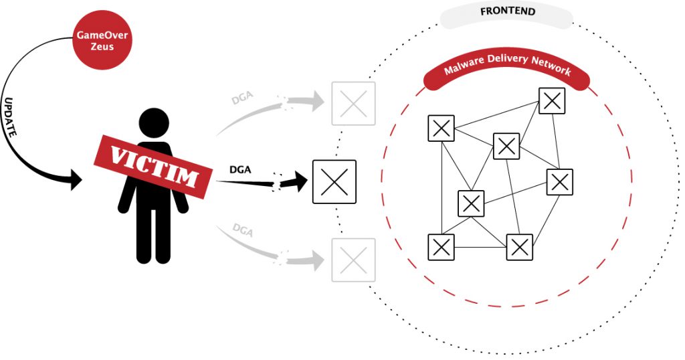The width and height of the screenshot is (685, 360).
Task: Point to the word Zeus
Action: (102, 48)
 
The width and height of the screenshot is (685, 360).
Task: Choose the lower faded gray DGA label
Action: (243, 230)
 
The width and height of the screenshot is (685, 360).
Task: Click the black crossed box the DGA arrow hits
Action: (334, 182)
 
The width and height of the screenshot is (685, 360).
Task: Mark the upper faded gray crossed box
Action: (353, 104)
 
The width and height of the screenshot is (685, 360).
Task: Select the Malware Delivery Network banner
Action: (508, 69)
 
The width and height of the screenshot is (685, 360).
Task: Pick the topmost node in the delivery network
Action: (552, 100)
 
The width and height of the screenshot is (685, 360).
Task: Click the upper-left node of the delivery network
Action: (441, 128)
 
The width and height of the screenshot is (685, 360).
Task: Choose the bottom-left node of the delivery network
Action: (441, 247)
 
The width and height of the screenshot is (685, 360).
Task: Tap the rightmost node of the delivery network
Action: (560, 181)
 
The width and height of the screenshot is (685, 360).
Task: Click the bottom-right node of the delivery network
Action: (519, 247)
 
